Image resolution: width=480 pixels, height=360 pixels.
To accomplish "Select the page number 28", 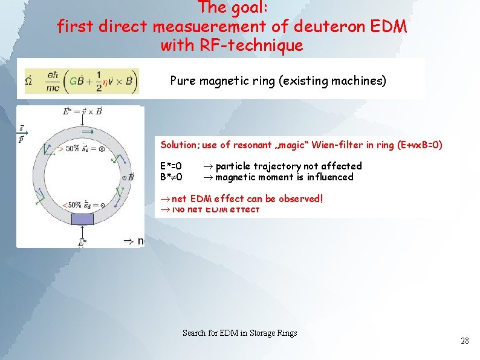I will pos(464,341).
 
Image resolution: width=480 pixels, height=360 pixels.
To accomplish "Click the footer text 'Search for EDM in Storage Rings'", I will pos(239,333).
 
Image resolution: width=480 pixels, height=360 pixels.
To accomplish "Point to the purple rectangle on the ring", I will pos(82,219).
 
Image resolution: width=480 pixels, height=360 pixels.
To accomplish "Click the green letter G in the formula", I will pos(74,80).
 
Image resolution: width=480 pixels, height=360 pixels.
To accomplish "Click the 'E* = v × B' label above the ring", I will pos(82,111).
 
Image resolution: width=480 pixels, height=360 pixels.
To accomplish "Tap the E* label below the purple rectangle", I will pos(82,242).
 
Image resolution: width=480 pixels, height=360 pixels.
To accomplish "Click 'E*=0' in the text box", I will pos(171,166).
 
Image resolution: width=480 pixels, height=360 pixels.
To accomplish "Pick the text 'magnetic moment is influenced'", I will pos(284,177).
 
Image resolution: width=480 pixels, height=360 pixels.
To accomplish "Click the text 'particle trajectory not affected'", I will pos(288,166).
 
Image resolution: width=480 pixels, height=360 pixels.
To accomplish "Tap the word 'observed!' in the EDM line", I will pos(300,198).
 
